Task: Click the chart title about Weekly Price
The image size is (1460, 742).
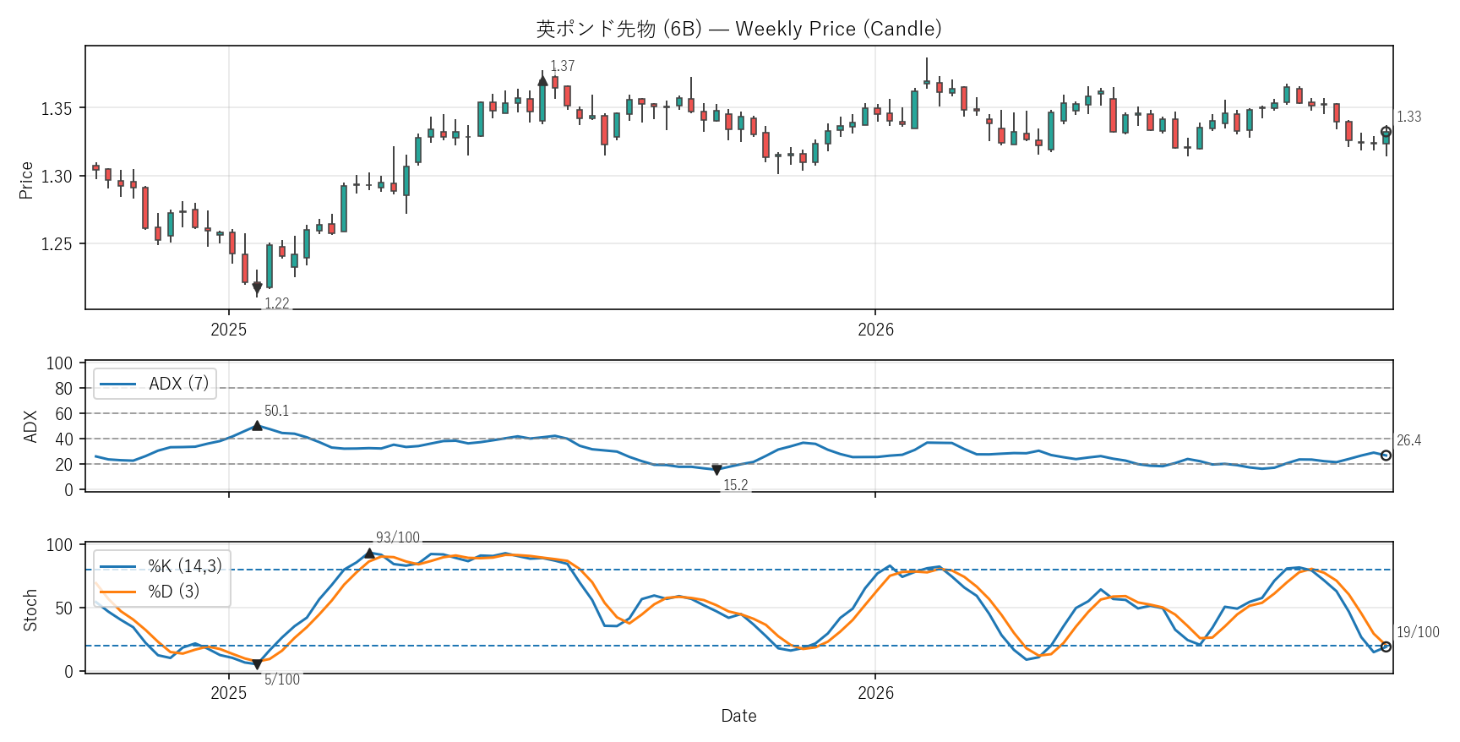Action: [x=738, y=29]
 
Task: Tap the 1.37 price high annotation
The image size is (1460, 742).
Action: [x=563, y=66]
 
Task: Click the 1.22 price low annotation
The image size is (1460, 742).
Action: [x=277, y=303]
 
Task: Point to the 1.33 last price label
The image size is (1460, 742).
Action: [x=1408, y=117]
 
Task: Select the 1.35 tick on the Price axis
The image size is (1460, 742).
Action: [x=57, y=108]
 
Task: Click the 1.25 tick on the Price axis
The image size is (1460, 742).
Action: [x=57, y=244]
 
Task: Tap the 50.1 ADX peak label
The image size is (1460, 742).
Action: [x=277, y=411]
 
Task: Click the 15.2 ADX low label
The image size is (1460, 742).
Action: [x=736, y=485]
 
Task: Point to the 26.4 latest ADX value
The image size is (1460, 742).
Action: [x=1408, y=440]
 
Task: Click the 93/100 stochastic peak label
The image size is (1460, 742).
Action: [x=398, y=537]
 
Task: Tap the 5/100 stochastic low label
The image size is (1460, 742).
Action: [x=282, y=679]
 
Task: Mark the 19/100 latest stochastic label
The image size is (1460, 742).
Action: [x=1418, y=632]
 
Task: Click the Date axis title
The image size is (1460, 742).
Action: [x=738, y=716]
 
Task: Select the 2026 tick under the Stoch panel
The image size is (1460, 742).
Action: [x=875, y=693]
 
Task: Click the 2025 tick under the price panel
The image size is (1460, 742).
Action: [x=229, y=330]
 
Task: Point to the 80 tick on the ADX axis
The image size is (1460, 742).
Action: [x=64, y=389]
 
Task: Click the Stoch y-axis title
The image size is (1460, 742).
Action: [x=30, y=610]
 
